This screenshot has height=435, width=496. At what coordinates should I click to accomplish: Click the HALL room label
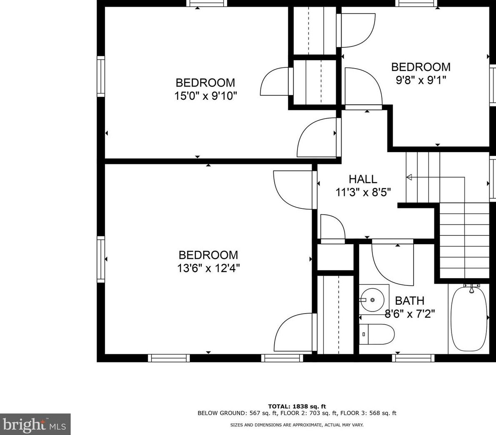[x=363, y=179]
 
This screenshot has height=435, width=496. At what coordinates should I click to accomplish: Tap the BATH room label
[x=409, y=300]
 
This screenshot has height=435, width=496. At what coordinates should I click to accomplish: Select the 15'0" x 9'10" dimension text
[x=206, y=96]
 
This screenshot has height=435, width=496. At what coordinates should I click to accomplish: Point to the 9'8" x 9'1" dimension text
[x=421, y=80]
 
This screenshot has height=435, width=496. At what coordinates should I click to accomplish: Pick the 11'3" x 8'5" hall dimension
[x=363, y=192]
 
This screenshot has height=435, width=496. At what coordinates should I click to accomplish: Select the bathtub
[x=469, y=318]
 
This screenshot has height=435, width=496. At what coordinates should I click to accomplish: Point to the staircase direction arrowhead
[x=409, y=178]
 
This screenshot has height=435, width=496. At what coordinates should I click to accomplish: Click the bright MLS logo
[x=35, y=424]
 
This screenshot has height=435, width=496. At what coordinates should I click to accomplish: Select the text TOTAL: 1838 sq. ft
[x=297, y=406]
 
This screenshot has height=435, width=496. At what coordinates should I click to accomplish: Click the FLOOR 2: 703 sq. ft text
[x=308, y=413]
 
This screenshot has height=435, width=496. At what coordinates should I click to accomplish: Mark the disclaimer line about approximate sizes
[x=297, y=425]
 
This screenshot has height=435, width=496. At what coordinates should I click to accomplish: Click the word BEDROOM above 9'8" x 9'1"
[x=421, y=67]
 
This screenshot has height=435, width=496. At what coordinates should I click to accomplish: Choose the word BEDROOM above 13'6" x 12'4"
[x=208, y=255]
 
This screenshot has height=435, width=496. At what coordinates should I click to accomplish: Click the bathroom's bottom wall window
[x=413, y=358]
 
